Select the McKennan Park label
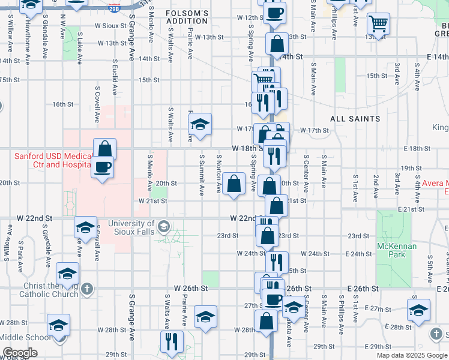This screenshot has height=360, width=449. (x=393, y=250)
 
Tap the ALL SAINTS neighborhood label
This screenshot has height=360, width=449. (x=355, y=119)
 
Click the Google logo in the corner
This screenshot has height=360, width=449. (x=20, y=353)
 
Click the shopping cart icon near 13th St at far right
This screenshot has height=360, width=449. (x=378, y=25)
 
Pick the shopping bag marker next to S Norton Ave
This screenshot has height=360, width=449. (x=234, y=184)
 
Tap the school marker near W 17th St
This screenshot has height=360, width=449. (x=200, y=124)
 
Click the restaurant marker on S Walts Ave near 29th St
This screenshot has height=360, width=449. (x=172, y=342)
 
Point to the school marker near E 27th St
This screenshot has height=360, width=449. (x=418, y=310)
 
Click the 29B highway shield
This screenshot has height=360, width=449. (x=114, y=8)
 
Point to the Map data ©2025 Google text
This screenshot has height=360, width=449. (x=411, y=355)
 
